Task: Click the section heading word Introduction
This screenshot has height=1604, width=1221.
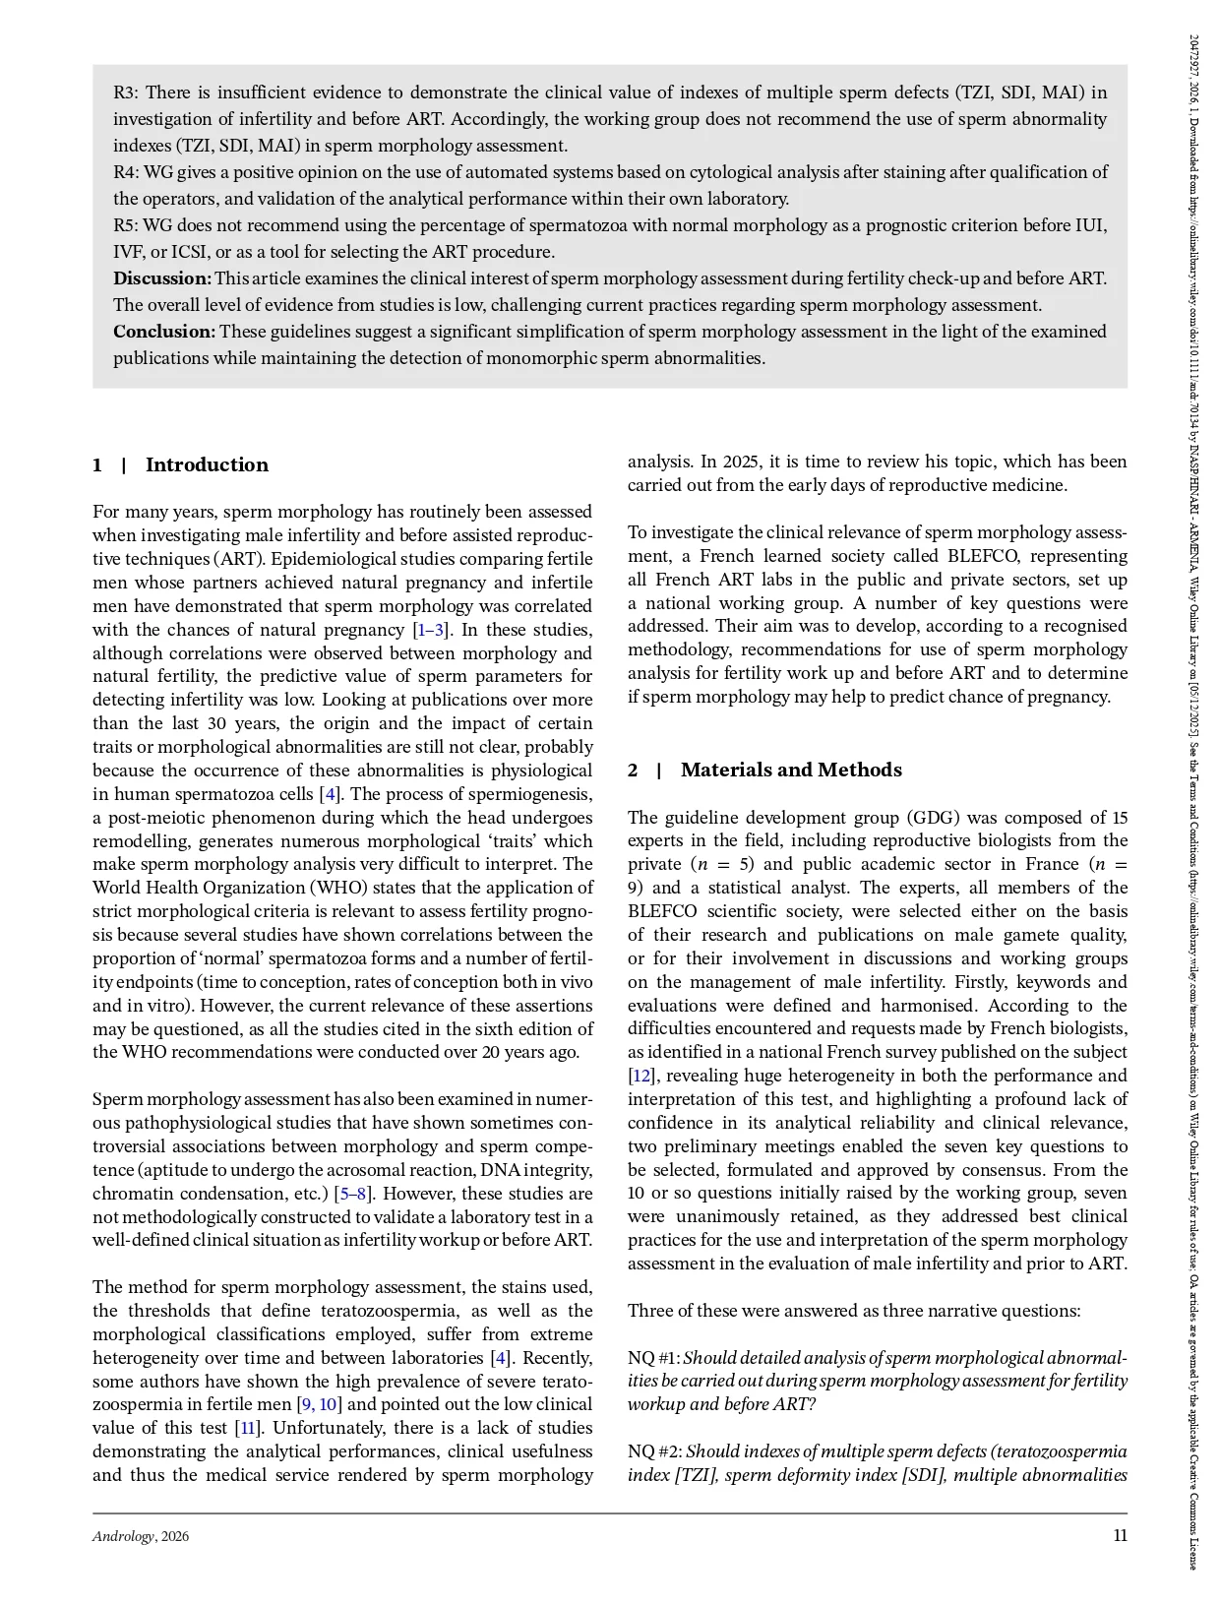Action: (x=207, y=465)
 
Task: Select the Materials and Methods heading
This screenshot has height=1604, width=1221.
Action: (x=790, y=771)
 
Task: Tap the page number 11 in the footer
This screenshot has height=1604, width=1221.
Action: (x=1120, y=1535)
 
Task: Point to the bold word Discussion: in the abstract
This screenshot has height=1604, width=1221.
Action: (x=162, y=278)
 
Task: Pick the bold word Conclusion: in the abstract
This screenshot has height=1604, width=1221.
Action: (x=164, y=332)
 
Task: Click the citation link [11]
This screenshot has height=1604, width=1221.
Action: (x=247, y=1428)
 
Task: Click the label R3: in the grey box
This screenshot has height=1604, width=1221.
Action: (x=126, y=93)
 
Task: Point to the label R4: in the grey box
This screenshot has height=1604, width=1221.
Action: (x=127, y=172)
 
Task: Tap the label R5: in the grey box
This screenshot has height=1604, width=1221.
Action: (x=127, y=225)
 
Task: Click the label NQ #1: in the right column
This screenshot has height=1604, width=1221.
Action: (x=653, y=1358)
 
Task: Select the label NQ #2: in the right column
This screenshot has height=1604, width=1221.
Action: (x=654, y=1451)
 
